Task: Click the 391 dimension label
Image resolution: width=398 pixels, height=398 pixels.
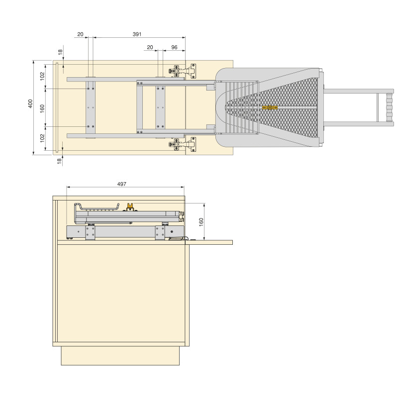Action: (137, 34)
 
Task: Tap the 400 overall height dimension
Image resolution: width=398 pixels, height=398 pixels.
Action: (30, 104)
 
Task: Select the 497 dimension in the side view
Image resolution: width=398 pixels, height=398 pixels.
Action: (122, 184)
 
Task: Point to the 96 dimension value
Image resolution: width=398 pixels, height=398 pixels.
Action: (175, 47)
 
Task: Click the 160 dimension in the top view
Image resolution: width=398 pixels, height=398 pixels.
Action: (42, 108)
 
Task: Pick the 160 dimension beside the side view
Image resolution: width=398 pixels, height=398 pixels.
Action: (201, 222)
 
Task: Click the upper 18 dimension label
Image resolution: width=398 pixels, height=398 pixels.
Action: (60, 52)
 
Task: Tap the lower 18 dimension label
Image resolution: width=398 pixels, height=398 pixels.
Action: (60, 161)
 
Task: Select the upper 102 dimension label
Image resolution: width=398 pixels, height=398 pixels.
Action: (42, 76)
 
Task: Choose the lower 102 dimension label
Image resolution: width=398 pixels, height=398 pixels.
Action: (42, 138)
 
